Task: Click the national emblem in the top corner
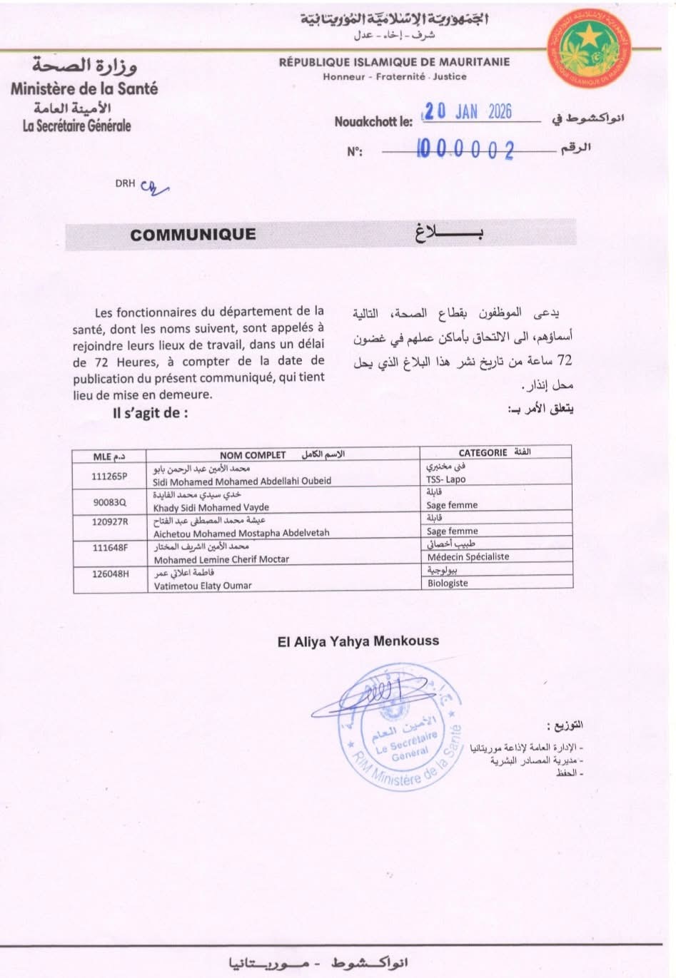click(590, 49)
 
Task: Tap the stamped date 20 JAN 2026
click(468, 111)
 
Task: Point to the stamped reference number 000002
click(465, 149)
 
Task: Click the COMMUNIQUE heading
click(193, 234)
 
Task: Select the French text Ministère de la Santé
click(84, 89)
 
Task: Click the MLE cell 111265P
click(109, 476)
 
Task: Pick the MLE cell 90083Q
click(109, 501)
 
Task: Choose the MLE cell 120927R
click(109, 521)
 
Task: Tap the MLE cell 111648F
click(109, 547)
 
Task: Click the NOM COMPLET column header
click(253, 455)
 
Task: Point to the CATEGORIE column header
click(483, 453)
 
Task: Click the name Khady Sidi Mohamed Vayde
click(211, 508)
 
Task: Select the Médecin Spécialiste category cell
click(468, 556)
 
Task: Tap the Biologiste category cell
click(448, 583)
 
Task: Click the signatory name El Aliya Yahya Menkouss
click(358, 641)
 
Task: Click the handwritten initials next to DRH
click(153, 187)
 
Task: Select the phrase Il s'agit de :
click(151, 413)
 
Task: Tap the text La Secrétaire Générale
click(77, 126)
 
